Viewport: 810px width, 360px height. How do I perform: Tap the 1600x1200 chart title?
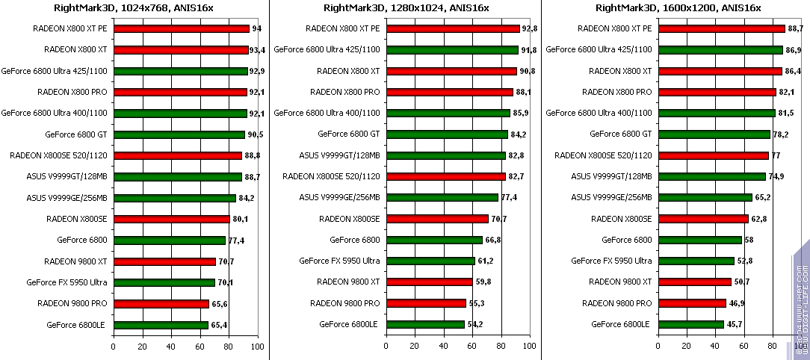coord(678,8)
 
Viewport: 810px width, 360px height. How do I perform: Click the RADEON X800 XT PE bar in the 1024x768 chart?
coord(182,29)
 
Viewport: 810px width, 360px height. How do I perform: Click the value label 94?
coord(256,29)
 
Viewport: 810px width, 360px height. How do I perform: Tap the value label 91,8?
coord(529,50)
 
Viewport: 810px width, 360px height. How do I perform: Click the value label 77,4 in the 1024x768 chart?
coord(236,240)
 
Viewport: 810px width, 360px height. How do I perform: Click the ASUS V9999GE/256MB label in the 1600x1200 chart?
coord(611,197)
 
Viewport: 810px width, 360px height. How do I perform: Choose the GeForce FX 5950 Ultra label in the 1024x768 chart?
coord(67,282)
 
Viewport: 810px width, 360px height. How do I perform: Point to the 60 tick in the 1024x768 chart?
coord(200,347)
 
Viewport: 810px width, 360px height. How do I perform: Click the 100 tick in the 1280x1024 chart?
coord(530,347)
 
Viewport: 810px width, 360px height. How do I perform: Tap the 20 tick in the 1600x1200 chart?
coord(687,347)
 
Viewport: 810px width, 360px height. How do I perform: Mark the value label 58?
coord(749,240)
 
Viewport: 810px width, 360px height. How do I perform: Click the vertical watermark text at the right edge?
coord(799,299)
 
